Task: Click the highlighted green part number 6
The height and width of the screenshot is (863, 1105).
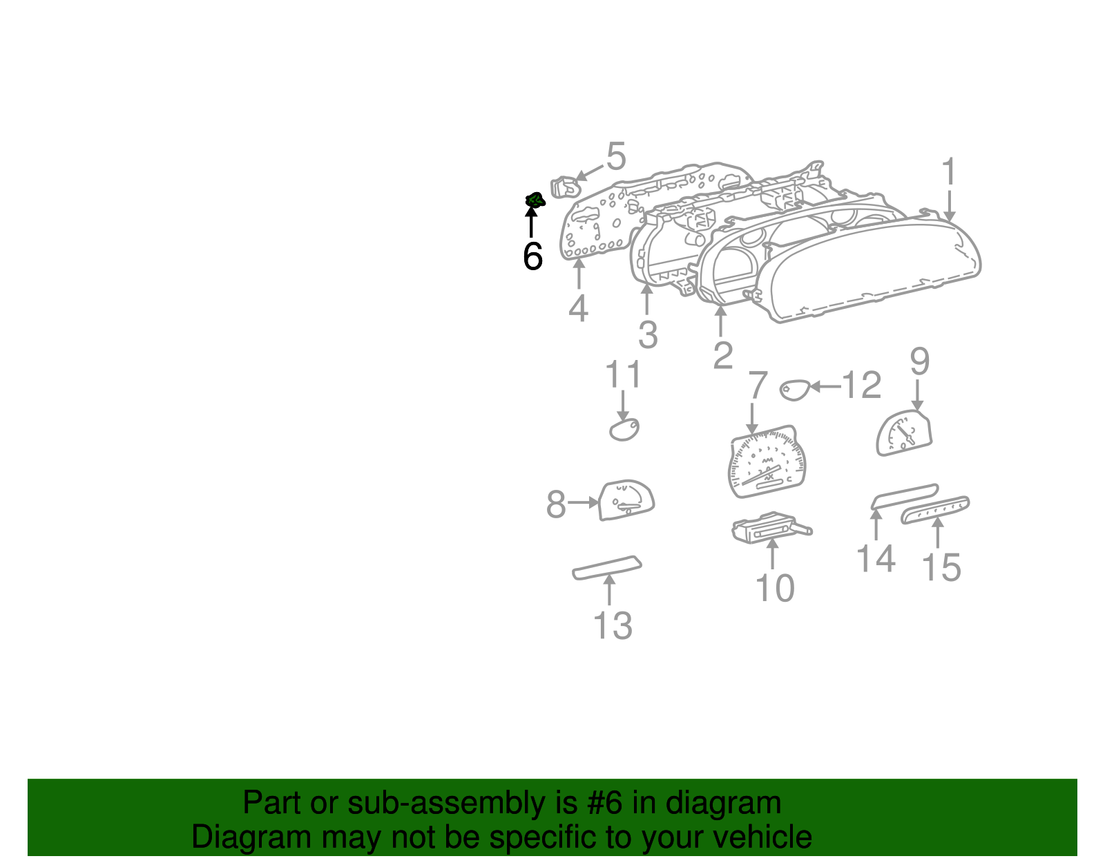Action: tap(534, 200)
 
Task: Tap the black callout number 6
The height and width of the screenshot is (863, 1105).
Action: tap(532, 256)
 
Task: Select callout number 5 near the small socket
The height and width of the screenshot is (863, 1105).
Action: tap(615, 157)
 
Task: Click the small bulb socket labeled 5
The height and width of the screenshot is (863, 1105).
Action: tap(565, 187)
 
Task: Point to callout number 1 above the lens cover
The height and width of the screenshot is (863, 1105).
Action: tap(950, 171)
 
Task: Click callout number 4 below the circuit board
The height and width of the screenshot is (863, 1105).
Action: tap(578, 308)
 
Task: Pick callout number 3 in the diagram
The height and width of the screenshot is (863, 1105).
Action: tap(647, 335)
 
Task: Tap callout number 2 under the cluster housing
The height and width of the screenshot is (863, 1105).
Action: tap(722, 356)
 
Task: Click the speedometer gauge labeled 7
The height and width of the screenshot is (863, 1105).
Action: tap(767, 462)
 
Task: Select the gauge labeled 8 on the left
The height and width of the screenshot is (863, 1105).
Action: tap(626, 500)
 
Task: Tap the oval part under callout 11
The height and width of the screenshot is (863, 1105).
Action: tap(624, 429)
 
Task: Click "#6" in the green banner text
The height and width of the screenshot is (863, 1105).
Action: tap(607, 804)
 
